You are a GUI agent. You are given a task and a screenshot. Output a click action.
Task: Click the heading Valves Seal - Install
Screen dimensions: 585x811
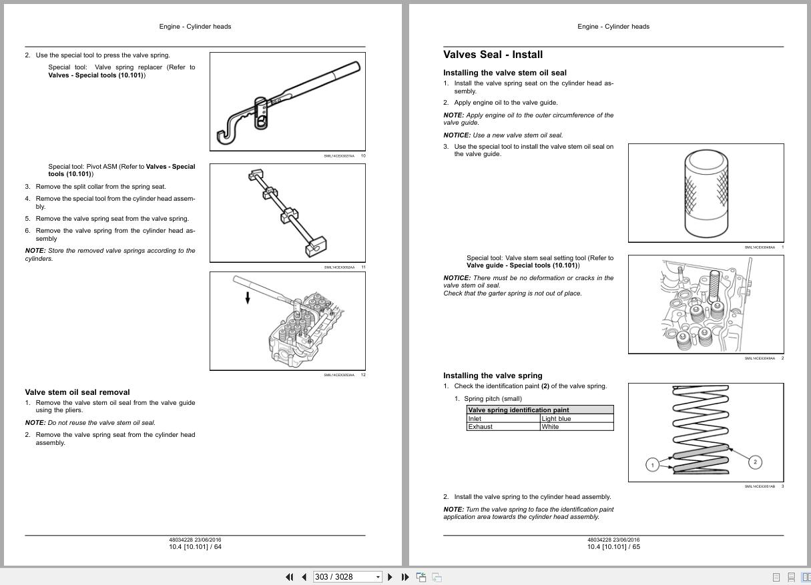click(x=493, y=55)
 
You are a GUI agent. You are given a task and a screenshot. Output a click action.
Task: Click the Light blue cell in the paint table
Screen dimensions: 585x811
click(x=556, y=419)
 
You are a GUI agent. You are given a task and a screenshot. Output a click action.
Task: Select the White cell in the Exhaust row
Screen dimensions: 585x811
click(x=550, y=427)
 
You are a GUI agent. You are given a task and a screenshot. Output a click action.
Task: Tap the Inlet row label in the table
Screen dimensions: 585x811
click(x=475, y=419)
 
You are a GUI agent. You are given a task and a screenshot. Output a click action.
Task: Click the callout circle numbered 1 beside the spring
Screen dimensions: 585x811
click(x=653, y=464)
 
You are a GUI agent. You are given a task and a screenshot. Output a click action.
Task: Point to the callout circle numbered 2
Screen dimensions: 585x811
click(x=755, y=462)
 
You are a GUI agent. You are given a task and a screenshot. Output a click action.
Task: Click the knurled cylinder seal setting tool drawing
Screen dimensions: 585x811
click(x=706, y=193)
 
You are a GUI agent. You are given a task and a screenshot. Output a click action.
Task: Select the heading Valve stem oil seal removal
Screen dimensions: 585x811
click(x=77, y=392)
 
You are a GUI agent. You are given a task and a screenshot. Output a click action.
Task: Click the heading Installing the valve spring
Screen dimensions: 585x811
click(x=493, y=376)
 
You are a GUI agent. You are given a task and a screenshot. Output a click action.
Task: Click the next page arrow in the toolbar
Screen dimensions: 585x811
click(x=390, y=577)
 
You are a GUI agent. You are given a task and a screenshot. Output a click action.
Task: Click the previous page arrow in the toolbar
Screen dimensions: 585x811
click(x=304, y=577)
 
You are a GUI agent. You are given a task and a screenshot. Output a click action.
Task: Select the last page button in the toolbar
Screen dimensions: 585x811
click(x=404, y=577)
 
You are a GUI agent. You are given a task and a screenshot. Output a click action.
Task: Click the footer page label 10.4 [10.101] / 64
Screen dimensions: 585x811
click(x=195, y=547)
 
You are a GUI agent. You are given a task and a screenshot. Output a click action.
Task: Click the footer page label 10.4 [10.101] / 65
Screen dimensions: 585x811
click(x=613, y=547)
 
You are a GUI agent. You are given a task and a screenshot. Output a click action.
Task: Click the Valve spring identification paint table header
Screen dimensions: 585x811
click(x=518, y=410)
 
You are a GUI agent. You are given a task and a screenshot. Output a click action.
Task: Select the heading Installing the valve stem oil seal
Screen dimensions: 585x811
click(x=505, y=73)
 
